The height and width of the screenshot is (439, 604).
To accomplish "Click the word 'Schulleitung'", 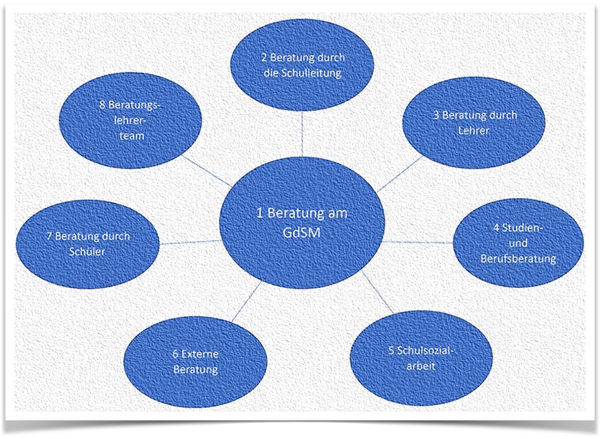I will pos(311,73).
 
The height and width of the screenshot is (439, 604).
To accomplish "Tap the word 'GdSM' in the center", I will pos(301,231).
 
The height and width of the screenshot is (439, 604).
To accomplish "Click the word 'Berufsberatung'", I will pos(518,258).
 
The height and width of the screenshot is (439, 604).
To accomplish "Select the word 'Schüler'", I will pos(88,252).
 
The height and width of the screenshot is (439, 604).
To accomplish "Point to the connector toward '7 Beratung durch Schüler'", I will pos(190,242).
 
